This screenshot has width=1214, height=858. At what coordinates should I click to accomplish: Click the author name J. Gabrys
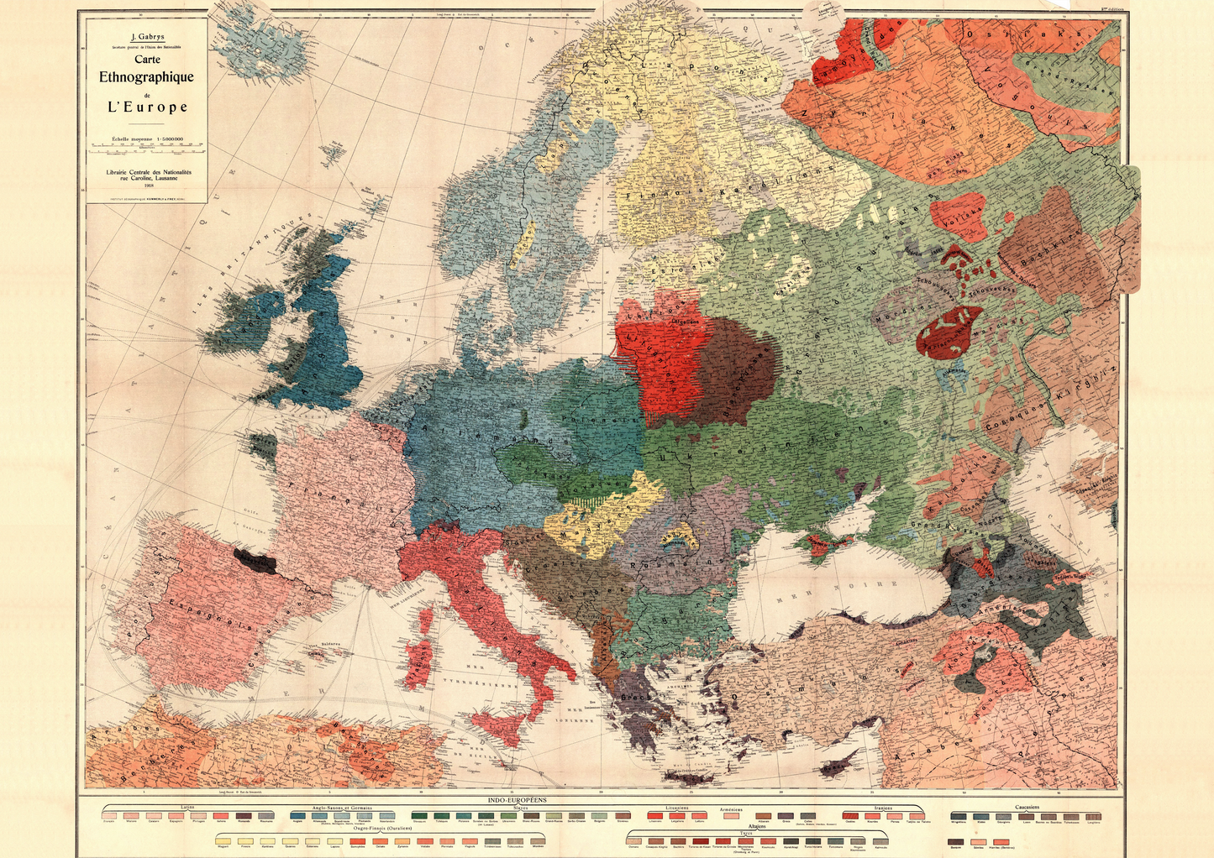(x=147, y=37)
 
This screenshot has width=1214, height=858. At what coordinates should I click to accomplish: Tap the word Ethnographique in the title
(x=146, y=77)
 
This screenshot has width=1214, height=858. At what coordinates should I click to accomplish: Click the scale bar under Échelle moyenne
(x=147, y=152)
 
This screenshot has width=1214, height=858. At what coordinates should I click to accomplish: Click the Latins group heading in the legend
(x=187, y=808)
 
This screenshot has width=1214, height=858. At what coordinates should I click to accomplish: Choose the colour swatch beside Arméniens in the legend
(x=732, y=816)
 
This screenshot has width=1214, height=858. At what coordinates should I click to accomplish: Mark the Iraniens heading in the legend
(x=883, y=808)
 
